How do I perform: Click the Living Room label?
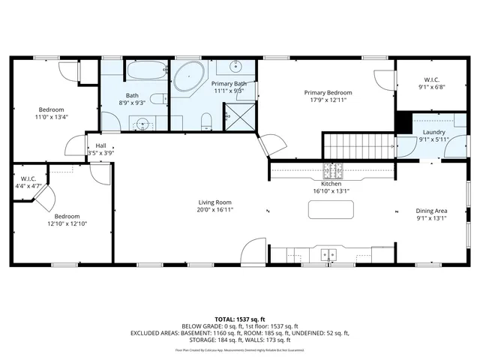pyautogui.click(x=214, y=202)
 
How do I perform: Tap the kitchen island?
pyautogui.click(x=331, y=208)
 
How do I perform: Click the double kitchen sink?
pyautogui.click(x=328, y=255)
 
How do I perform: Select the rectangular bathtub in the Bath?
pyautogui.click(x=147, y=72)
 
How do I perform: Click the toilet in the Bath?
pyautogui.click(x=158, y=99)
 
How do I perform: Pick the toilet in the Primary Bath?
pyautogui.click(x=208, y=120)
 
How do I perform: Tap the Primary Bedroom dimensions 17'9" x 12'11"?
pyautogui.click(x=328, y=100)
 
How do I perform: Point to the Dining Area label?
pyautogui.click(x=431, y=211)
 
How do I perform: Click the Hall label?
pyautogui.click(x=100, y=145)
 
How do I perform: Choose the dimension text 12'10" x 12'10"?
pyautogui.click(x=67, y=223)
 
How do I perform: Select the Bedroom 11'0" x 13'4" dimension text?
pyautogui.click(x=51, y=117)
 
